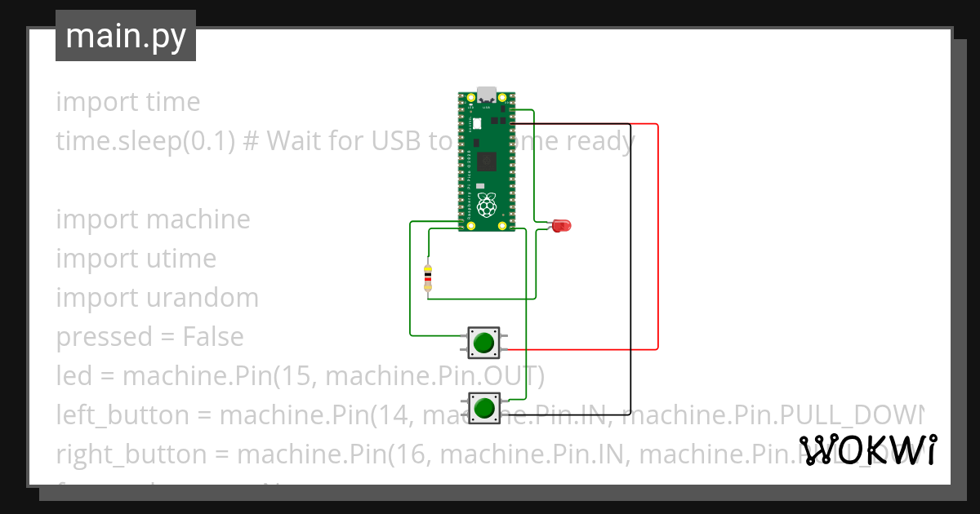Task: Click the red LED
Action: click(x=561, y=225)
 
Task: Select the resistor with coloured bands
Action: click(x=427, y=277)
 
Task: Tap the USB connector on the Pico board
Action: click(x=487, y=92)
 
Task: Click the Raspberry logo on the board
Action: click(x=487, y=205)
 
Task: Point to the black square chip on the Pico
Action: click(x=487, y=161)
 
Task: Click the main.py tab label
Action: click(x=126, y=36)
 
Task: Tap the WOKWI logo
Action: click(x=868, y=450)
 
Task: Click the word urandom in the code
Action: click(x=203, y=298)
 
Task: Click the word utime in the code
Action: click(x=181, y=259)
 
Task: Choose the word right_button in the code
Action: click(x=129, y=454)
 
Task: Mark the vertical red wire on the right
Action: click(x=657, y=237)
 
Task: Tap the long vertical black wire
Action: click(x=630, y=269)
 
